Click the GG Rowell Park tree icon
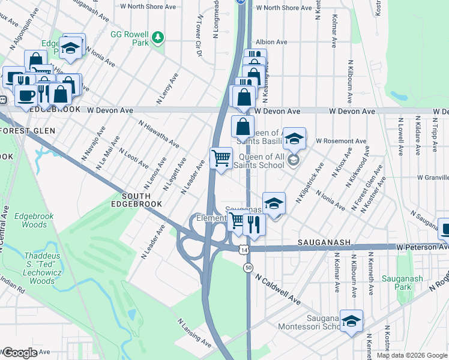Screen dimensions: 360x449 click(158, 38)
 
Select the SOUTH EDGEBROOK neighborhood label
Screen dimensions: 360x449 click(142, 200)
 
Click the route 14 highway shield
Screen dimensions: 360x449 click(243, 248)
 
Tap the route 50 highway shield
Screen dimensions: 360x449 click(248, 268)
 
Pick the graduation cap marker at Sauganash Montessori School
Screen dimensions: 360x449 click(351, 320)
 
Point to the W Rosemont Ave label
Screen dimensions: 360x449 click(341, 141)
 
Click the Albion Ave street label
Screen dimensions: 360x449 click(271, 42)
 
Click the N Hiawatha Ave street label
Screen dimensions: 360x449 click(159, 134)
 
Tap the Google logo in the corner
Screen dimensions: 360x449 click(20, 353)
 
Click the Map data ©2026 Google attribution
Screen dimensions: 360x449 click(412, 355)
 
